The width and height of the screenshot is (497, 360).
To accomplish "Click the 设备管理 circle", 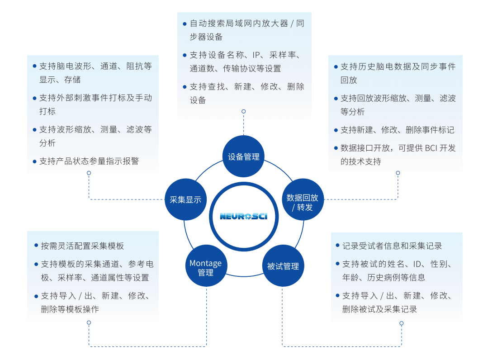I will (244, 156).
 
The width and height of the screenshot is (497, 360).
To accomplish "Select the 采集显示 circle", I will (185, 199).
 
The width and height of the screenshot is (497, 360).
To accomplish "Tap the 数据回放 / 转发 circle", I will (302, 202).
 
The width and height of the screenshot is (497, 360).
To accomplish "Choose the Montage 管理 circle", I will (206, 267).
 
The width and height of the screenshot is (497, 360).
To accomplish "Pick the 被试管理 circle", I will (283, 266).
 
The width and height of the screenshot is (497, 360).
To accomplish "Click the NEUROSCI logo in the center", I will (244, 216).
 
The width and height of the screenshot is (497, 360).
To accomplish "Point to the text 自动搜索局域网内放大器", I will (238, 24).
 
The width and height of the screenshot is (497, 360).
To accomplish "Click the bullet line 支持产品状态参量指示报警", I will (89, 161).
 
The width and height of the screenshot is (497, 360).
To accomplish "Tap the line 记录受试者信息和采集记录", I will (392, 246).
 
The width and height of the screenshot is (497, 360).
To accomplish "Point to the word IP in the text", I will (257, 55).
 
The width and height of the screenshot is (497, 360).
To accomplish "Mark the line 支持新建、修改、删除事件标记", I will (397, 130).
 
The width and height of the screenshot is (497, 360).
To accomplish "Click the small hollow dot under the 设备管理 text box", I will (244, 111).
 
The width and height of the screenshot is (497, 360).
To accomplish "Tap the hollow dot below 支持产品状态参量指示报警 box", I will (89, 173).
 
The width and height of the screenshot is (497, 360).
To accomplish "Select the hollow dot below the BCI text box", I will (398, 173).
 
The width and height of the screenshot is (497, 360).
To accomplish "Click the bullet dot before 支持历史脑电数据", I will (336, 67).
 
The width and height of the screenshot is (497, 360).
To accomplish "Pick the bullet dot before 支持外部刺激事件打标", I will (35, 98).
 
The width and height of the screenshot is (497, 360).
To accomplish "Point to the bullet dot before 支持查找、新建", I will (185, 86).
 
